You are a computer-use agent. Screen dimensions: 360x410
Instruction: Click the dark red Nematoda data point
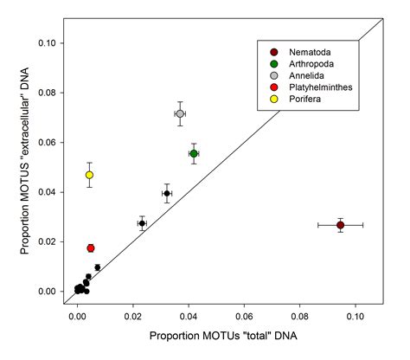pyautogui.click(x=341, y=225)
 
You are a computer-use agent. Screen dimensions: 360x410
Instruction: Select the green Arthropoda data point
pyautogui.click(x=194, y=153)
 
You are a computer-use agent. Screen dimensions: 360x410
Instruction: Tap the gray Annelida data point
pyautogui.click(x=180, y=113)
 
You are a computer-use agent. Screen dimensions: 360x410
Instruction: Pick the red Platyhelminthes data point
pyautogui.click(x=91, y=248)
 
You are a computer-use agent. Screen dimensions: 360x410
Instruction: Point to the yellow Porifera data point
pyautogui.click(x=89, y=175)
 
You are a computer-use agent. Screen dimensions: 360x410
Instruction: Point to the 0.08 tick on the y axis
pyautogui.click(x=63, y=93)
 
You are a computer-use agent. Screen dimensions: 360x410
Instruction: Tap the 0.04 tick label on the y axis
pyautogui.click(x=45, y=192)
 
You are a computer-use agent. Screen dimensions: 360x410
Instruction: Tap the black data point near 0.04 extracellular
pyautogui.click(x=167, y=193)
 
